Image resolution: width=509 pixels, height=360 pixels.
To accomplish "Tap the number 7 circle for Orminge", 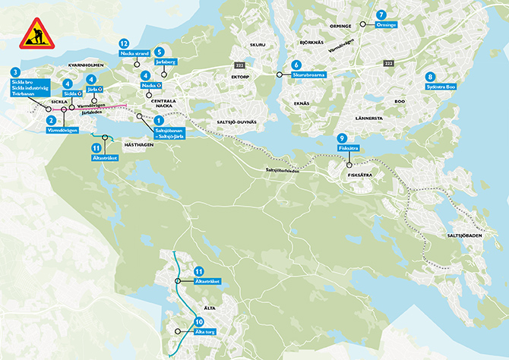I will [x=381, y=14].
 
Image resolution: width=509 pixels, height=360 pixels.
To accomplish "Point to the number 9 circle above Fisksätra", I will [x=342, y=138].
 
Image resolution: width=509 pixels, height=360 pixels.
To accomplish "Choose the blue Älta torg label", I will [x=201, y=332].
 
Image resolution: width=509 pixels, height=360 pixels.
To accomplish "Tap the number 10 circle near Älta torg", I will [x=199, y=321].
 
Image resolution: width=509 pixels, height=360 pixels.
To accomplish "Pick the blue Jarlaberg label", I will [x=166, y=62].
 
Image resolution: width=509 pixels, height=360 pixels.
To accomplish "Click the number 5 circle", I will [x=160, y=52].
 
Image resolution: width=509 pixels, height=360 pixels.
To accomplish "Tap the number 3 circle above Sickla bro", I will [x=15, y=71].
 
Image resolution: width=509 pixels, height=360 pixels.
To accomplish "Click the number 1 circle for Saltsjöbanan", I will [x=159, y=120].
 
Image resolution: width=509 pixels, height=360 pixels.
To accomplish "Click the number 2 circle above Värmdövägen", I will [x=50, y=119].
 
